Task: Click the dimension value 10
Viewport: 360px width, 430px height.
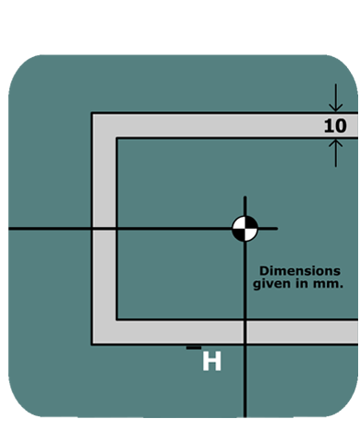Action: point(335,125)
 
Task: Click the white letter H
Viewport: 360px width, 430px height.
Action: point(211,361)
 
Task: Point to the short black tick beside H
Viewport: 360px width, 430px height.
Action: point(193,347)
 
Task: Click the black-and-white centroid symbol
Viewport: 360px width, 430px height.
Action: point(245,228)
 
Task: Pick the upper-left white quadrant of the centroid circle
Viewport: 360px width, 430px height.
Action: point(240,222)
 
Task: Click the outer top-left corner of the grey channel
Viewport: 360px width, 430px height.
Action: point(92,113)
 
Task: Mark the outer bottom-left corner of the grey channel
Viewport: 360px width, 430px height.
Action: point(92,344)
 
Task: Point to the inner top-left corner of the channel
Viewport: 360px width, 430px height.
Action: point(116,137)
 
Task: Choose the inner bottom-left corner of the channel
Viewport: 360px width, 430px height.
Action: point(116,321)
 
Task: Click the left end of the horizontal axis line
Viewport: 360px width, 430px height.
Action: point(8,228)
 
